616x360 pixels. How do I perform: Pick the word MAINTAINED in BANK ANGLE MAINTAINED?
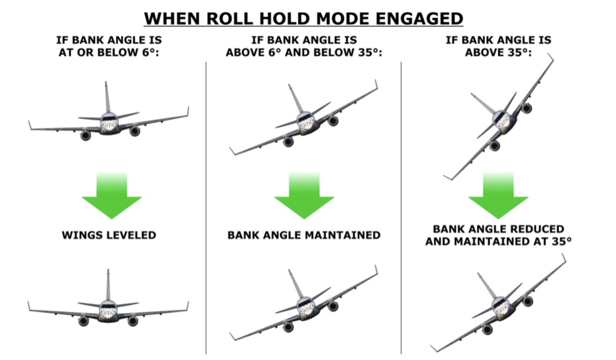(342, 235)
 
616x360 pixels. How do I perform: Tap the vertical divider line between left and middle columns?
(206, 208)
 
